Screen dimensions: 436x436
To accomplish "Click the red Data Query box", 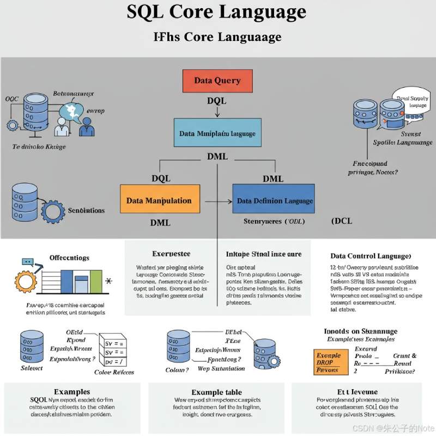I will (217, 81).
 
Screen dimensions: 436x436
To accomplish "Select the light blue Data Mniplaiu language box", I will (217, 133).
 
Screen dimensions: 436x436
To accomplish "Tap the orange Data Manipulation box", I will (159, 201).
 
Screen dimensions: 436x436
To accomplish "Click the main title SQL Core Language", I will (216, 12).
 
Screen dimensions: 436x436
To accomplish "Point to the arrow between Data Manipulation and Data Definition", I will (218, 202).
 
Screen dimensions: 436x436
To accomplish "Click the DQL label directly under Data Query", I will (216, 101).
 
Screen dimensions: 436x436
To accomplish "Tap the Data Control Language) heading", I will (371, 256).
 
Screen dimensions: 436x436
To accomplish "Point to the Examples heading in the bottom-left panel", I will (72, 392).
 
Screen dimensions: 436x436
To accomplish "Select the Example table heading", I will (216, 392).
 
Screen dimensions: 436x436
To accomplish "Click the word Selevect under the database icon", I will (31, 368).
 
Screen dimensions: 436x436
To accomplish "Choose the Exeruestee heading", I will (171, 254).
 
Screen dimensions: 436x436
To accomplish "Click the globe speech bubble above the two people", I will (70, 111).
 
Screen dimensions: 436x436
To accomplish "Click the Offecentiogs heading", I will (69, 257).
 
